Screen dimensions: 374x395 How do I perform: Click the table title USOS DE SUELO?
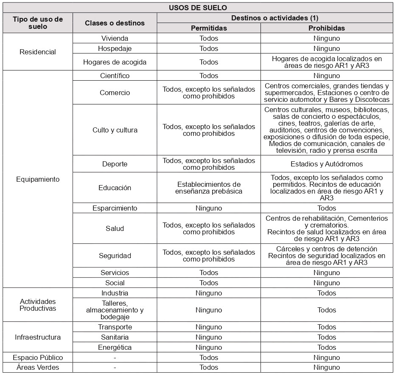pos(198,8)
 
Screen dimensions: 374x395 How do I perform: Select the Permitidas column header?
pos(208,28)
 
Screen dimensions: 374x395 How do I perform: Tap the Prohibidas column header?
pos(326,28)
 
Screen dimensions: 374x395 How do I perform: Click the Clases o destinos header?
pos(115,23)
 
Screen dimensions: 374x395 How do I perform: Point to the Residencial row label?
pos(38,52)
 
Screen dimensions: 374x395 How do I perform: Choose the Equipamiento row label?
pos(38,179)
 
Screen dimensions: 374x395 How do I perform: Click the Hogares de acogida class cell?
pos(115,62)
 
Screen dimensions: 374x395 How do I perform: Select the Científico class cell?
pos(115,76)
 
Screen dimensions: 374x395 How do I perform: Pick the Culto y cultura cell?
pos(115,130)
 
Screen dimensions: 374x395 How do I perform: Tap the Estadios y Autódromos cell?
pos(326,164)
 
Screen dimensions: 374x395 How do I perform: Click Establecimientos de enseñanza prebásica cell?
pos(208,188)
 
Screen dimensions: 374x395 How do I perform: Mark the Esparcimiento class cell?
pos(115,208)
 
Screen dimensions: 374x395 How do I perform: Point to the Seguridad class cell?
pos(115,256)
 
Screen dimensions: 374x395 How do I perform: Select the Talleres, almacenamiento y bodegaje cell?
pos(115,310)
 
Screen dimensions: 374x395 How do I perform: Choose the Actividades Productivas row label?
pos(38,305)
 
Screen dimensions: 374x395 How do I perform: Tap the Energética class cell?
pos(115,347)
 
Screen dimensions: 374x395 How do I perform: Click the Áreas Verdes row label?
pos(38,367)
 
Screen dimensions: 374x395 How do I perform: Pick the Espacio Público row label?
pos(38,357)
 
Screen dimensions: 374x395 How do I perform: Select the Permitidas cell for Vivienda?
pos(208,38)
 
